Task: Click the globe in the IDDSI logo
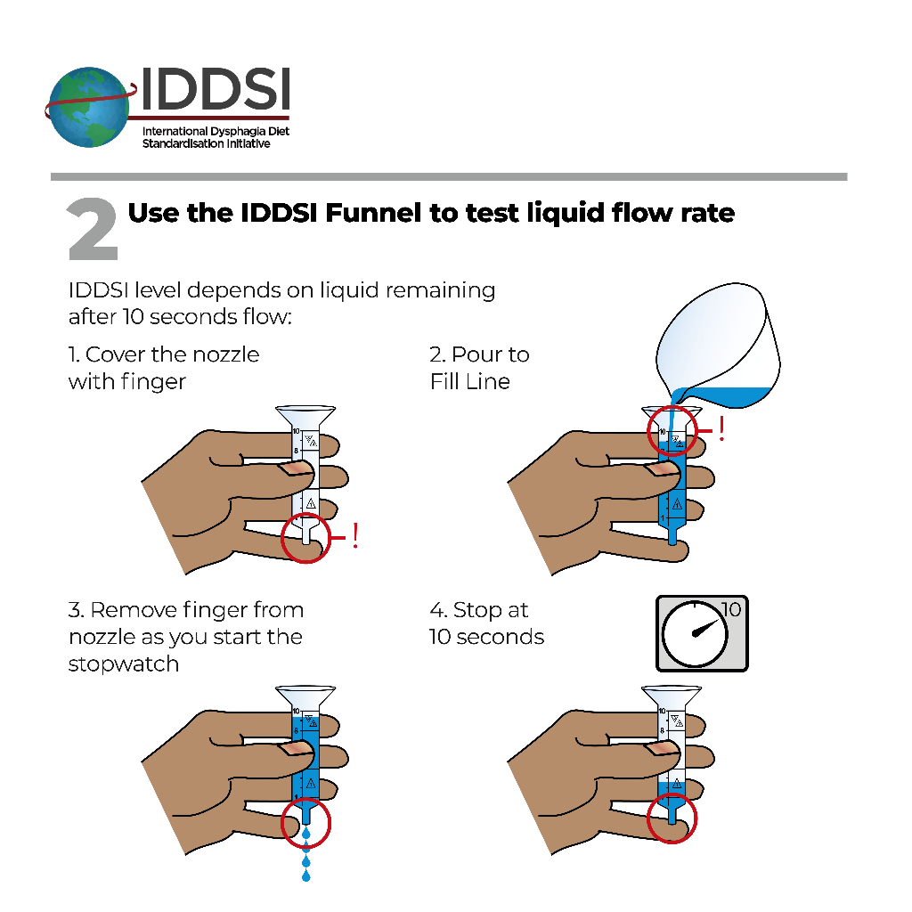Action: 89,108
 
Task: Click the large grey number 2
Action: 93,230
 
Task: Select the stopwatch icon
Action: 702,633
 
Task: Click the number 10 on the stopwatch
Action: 731,610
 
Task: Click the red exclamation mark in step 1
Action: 355,536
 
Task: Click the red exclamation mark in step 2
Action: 721,429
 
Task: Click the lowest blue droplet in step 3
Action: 306,876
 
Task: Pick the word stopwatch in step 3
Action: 124,664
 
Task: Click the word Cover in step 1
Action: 116,354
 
